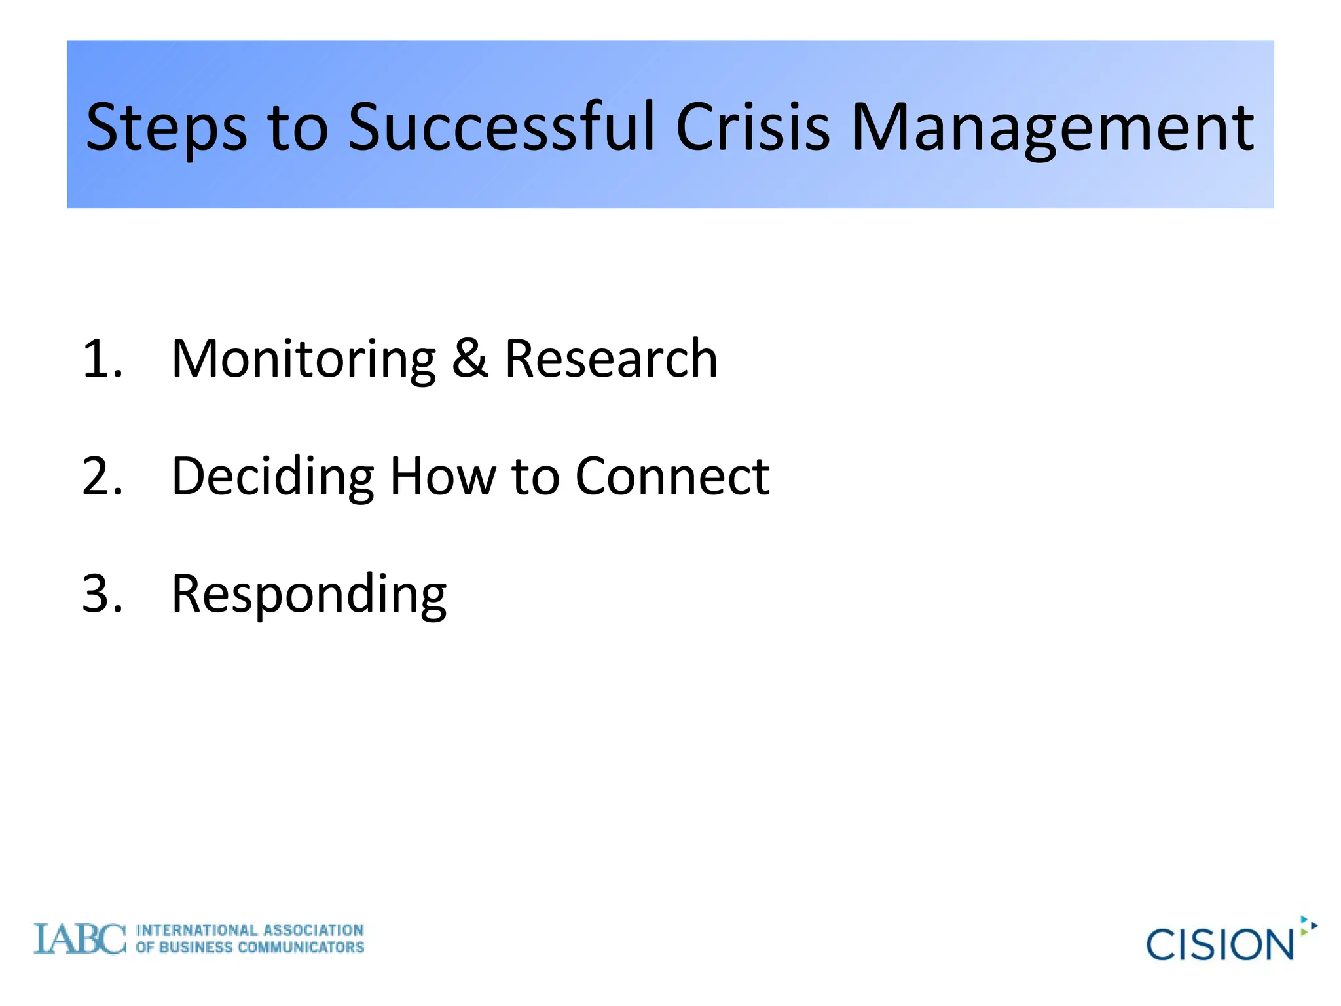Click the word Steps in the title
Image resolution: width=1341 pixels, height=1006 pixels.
[x=166, y=128]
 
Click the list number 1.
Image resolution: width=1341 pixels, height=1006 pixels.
[x=101, y=359]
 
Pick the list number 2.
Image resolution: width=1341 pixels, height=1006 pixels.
[x=102, y=476]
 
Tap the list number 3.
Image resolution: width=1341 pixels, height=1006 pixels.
[x=102, y=593]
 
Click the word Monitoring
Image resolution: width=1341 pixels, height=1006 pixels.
[x=303, y=360]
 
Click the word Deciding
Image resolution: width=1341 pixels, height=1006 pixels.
[x=272, y=477]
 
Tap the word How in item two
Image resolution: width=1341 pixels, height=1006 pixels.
[x=443, y=476]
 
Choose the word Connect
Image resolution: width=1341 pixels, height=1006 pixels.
[x=672, y=476]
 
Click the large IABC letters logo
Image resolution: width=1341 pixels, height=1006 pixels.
[x=79, y=939]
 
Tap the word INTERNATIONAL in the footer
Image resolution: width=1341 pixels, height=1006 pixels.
[x=196, y=931]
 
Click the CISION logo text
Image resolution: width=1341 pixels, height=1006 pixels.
[x=1219, y=944]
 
